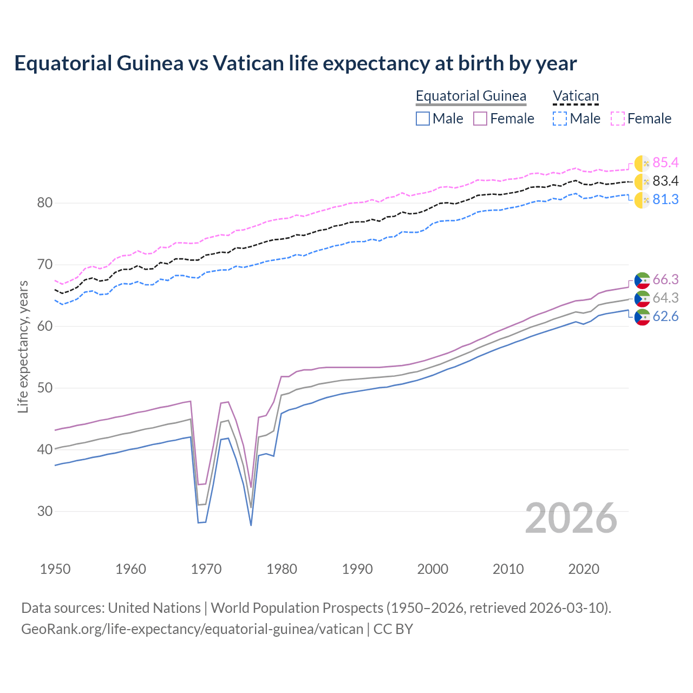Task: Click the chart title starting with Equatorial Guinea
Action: pyautogui.click(x=296, y=63)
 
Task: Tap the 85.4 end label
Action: pyautogui.click(x=665, y=162)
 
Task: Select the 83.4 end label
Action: pyautogui.click(x=665, y=181)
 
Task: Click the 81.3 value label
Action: pyautogui.click(x=665, y=199)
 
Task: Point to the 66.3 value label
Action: pyautogui.click(x=665, y=279)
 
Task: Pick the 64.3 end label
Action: pyautogui.click(x=665, y=298)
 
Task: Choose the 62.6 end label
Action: pyautogui.click(x=665, y=316)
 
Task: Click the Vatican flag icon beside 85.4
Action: pyautogui.click(x=642, y=163)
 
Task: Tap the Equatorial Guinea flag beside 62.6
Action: pyautogui.click(x=642, y=317)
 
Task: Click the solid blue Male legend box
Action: pyautogui.click(x=423, y=119)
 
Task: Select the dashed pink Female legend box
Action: pyautogui.click(x=618, y=119)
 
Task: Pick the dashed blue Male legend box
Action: pyautogui.click(x=560, y=119)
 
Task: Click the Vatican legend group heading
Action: pyautogui.click(x=576, y=96)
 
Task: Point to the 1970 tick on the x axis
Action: pyautogui.click(x=206, y=569)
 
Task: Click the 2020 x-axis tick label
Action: pyautogui.click(x=584, y=569)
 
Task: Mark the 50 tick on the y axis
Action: pyautogui.click(x=45, y=388)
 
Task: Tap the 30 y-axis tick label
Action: pyautogui.click(x=45, y=511)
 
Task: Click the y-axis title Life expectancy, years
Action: pyautogui.click(x=23, y=346)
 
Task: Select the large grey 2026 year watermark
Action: pyautogui.click(x=571, y=518)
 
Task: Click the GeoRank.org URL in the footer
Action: pyautogui.click(x=192, y=629)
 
